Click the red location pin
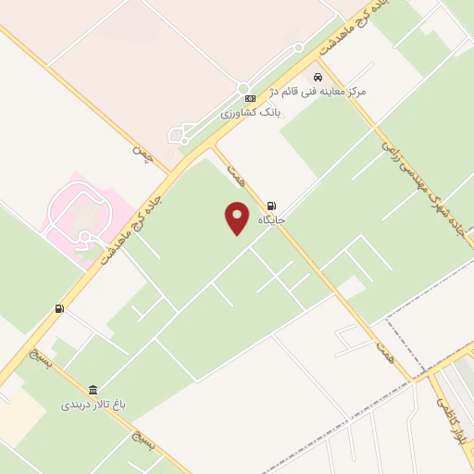(238, 218)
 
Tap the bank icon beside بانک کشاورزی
(249, 98)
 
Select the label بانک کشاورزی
(250, 112)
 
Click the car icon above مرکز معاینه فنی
(318, 78)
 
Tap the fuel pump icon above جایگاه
(271, 206)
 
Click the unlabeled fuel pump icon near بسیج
(59, 308)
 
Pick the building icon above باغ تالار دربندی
(93, 390)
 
